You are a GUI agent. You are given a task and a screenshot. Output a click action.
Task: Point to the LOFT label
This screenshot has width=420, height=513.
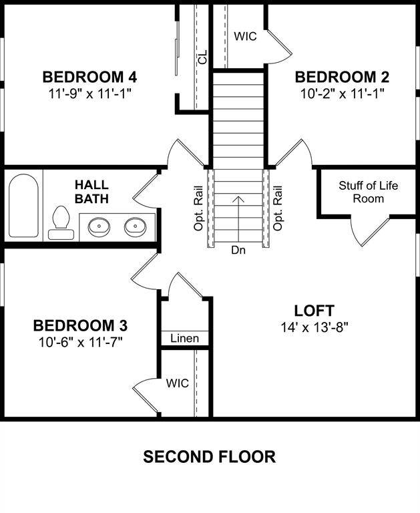coord(314,311)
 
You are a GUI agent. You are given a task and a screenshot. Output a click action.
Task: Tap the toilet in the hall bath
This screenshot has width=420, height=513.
coord(61,222)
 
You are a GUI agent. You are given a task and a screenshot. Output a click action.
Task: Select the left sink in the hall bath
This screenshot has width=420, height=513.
coord(99,226)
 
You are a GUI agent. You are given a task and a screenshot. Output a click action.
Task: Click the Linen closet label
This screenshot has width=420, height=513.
coord(184,339)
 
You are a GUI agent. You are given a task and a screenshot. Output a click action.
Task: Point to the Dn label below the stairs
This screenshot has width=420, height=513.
coord(238,250)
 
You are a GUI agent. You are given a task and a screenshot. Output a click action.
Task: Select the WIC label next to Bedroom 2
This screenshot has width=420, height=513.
coord(245,36)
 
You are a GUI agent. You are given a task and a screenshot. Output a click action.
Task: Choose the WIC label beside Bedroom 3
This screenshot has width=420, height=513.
coord(177,383)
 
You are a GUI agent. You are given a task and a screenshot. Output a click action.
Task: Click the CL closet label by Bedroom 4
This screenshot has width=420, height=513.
coord(202,58)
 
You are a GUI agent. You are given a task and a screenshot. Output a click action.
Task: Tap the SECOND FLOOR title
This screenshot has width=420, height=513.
coord(210,457)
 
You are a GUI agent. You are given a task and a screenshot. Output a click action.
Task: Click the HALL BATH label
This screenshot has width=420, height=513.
coord(91,191)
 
